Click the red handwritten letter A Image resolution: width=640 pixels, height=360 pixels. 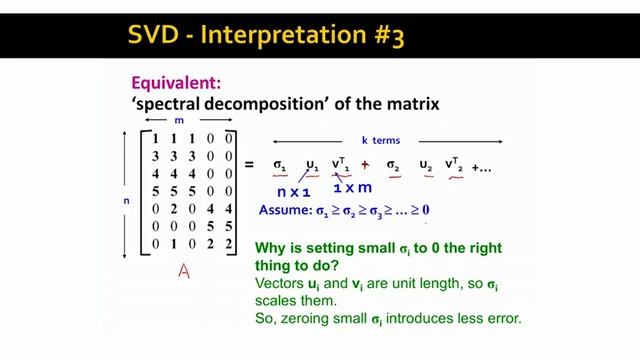[x=183, y=270]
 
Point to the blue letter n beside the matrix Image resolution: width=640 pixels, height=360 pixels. [x=126, y=200]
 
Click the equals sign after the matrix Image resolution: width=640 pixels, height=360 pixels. [x=250, y=166]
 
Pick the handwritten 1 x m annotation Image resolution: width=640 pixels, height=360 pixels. [x=352, y=189]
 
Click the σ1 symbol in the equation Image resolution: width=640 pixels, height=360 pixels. [x=281, y=164]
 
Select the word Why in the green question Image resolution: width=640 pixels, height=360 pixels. [x=271, y=246]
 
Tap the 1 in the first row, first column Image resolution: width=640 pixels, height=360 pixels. [x=157, y=137]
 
